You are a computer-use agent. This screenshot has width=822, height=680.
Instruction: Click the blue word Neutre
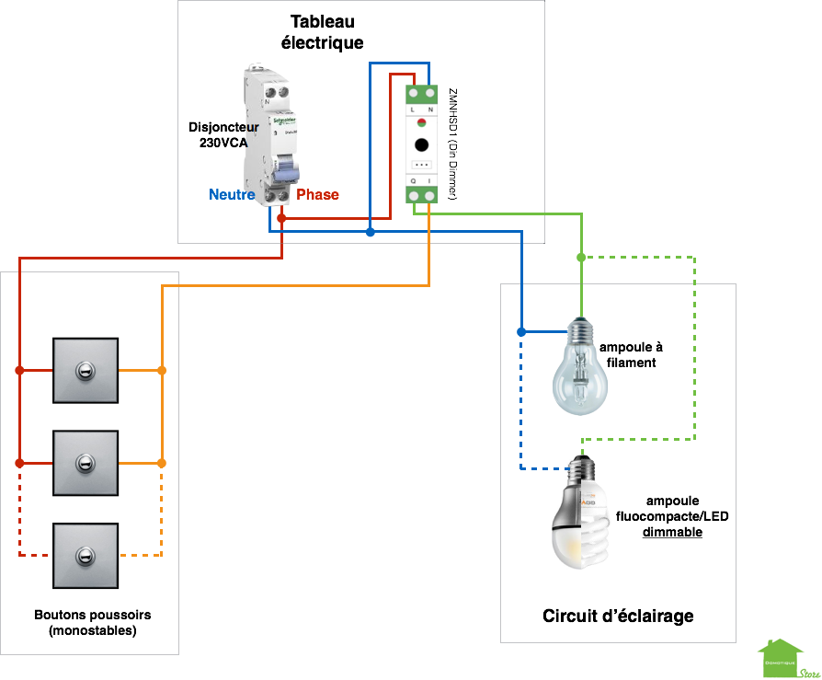pyautogui.click(x=231, y=195)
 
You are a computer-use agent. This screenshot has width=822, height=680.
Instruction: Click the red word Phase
pyautogui.click(x=318, y=195)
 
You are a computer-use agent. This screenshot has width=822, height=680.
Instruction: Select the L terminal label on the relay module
pyautogui.click(x=413, y=109)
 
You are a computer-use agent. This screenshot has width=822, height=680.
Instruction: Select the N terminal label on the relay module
pyautogui.click(x=430, y=109)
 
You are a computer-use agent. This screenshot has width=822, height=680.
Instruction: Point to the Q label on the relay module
pyautogui.click(x=413, y=180)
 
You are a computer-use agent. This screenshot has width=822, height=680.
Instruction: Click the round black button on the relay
pyautogui.click(x=421, y=144)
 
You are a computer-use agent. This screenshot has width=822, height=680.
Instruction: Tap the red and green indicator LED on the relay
pyautogui.click(x=421, y=122)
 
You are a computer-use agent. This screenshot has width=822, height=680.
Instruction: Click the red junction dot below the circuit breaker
pyautogui.click(x=281, y=218)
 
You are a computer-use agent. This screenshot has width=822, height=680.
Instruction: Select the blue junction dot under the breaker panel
pyautogui.click(x=370, y=232)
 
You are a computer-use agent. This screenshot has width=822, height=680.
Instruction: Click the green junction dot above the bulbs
pyautogui.click(x=581, y=258)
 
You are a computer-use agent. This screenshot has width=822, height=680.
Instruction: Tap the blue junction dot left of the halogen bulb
pyautogui.click(x=521, y=331)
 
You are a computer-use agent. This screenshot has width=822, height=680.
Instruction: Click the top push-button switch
pyautogui.click(x=86, y=371)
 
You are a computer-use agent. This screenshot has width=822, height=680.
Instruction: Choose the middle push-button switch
pyautogui.click(x=86, y=463)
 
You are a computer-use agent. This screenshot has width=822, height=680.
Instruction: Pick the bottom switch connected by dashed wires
pyautogui.click(x=86, y=555)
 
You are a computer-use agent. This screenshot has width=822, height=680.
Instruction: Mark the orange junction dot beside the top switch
pyautogui.click(x=162, y=371)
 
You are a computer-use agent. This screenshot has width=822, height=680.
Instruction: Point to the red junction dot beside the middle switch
pyautogui.click(x=19, y=463)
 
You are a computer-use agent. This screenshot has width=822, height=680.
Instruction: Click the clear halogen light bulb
pyautogui.click(x=580, y=373)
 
